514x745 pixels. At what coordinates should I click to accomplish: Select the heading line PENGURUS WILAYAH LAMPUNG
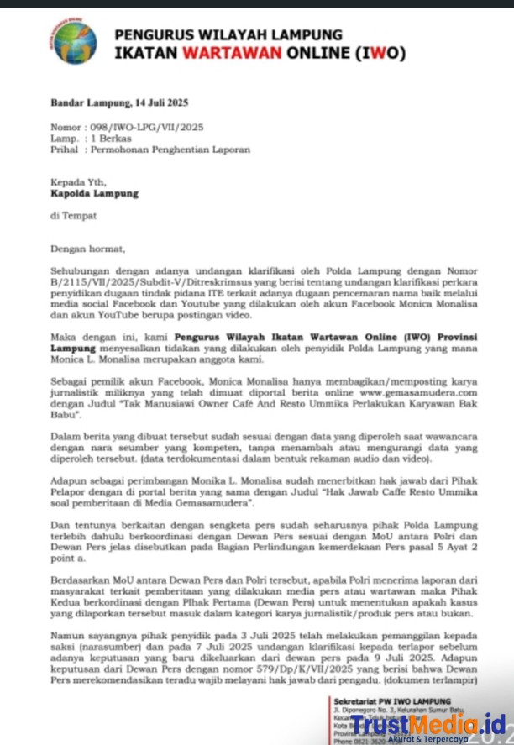[228, 35]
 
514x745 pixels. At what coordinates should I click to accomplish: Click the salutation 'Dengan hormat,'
[87, 249]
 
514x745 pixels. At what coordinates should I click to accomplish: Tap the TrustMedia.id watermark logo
[427, 723]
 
